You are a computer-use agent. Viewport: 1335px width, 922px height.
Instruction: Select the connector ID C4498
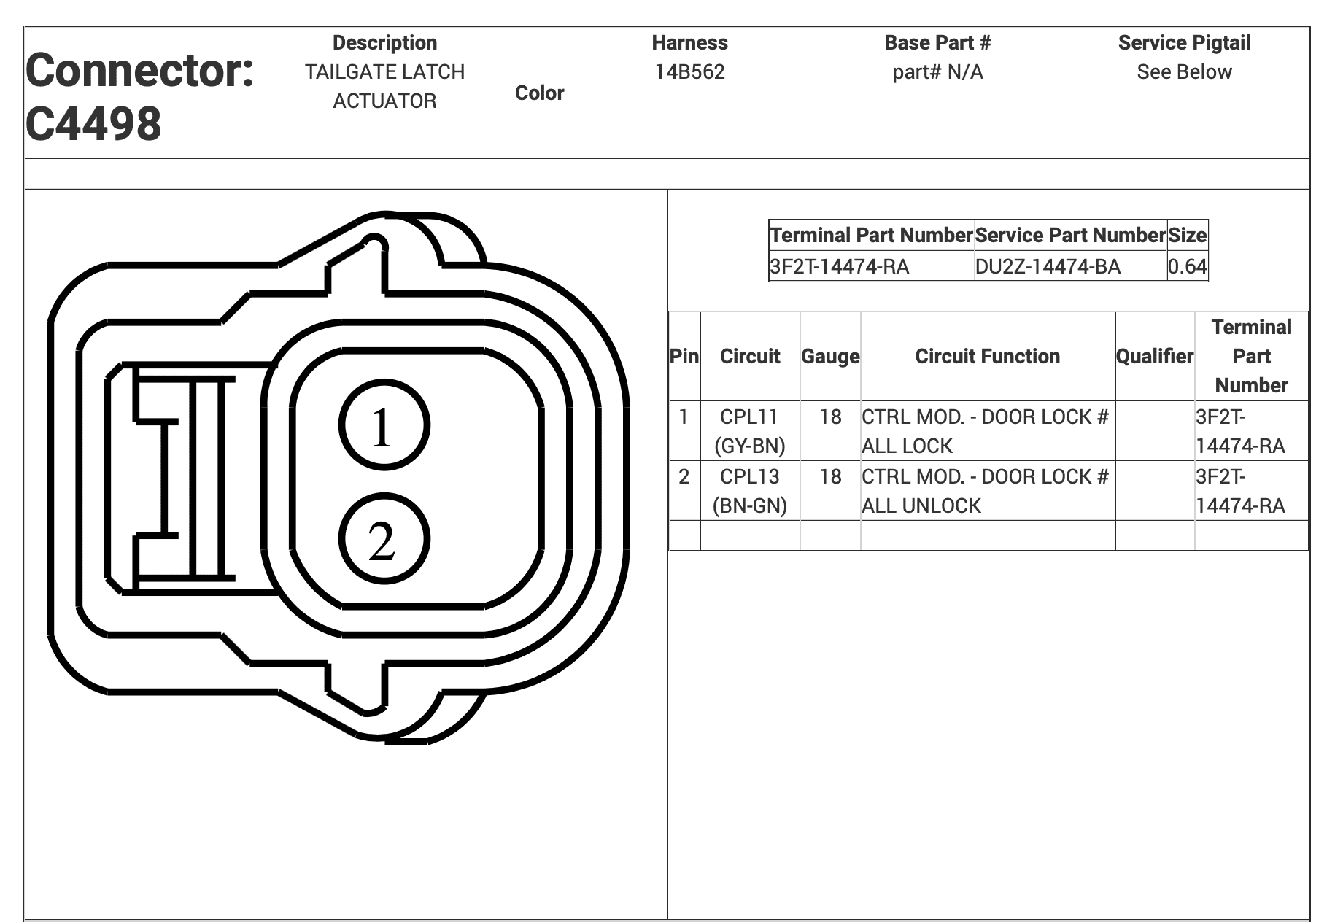tap(93, 123)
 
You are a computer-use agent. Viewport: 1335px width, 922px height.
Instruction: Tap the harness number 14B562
tap(689, 71)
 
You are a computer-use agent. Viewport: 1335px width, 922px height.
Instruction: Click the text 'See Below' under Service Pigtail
tap(1184, 71)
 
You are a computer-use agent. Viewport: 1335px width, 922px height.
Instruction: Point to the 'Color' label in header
tap(539, 93)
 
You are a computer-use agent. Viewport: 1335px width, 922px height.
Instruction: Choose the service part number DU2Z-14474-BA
tap(1048, 266)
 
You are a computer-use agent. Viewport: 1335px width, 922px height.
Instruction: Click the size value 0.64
tap(1188, 266)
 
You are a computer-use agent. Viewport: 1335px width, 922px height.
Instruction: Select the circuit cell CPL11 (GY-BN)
tap(750, 431)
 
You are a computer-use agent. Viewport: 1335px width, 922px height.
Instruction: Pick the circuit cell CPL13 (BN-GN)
tap(750, 491)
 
